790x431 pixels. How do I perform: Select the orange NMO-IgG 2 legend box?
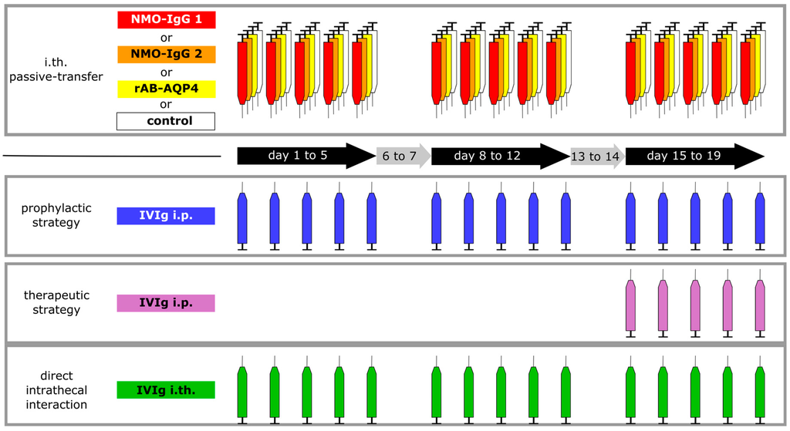coord(166,55)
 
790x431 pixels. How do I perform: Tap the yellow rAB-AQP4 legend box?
coord(166,89)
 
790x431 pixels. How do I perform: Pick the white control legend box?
coord(166,121)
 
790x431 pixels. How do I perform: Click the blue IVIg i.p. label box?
coord(166,216)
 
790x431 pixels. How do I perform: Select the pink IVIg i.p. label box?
coord(166,303)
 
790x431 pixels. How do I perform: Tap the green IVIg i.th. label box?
coord(166,389)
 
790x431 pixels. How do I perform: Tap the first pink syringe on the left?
coord(630,305)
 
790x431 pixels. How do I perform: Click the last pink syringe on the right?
coord(760,305)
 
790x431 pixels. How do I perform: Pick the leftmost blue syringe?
coord(241,218)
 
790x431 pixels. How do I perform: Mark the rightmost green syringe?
coord(760,392)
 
